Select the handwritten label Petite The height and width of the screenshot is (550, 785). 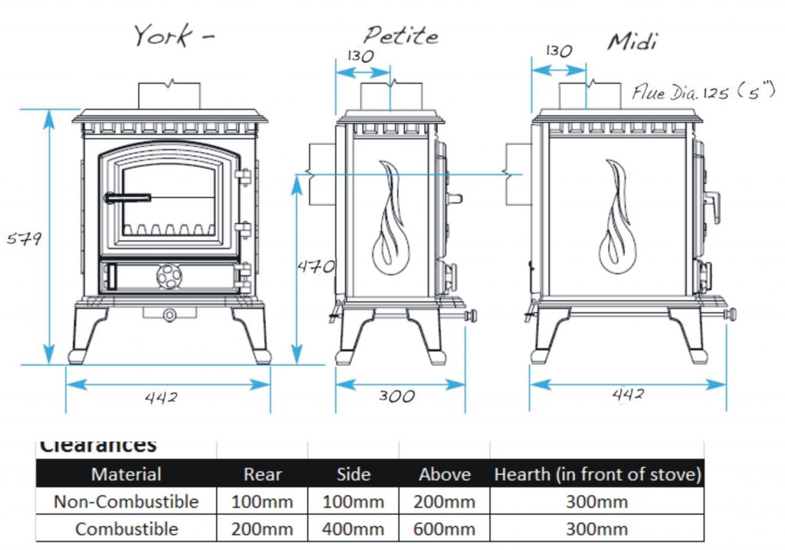point(400,35)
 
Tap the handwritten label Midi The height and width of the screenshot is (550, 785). point(632,41)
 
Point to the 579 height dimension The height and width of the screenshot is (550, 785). point(24,238)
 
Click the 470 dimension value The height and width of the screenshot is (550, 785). point(316,266)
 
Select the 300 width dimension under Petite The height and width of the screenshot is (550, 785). point(396,396)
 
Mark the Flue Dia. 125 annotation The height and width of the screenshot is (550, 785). point(698,94)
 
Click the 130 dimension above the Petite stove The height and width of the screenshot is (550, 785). point(360,56)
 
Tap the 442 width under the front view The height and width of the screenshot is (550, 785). point(161,397)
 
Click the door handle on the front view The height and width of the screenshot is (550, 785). point(127,197)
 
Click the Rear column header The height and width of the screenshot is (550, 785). point(262,474)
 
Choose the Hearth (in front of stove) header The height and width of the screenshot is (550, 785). point(597,474)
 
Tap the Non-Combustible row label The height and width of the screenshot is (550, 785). point(126,502)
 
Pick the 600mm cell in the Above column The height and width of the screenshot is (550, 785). point(445,529)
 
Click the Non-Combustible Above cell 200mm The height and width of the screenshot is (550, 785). point(445,502)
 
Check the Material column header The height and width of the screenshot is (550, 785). point(126,474)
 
